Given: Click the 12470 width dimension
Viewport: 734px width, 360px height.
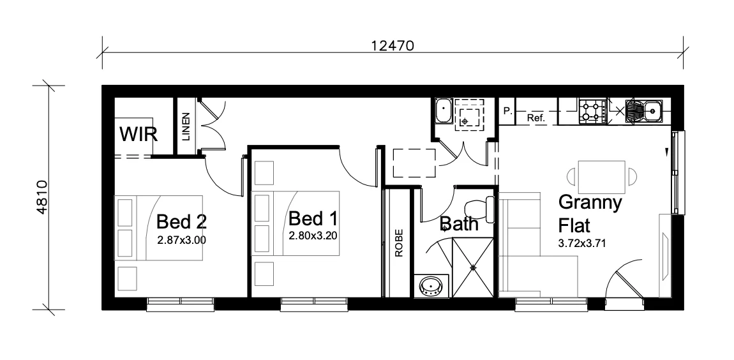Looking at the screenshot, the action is click(393, 45).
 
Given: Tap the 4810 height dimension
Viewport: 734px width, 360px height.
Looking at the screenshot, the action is click(41, 197).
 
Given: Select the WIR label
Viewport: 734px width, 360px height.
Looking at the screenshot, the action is click(139, 134).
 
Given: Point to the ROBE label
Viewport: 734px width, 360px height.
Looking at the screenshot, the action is click(399, 243).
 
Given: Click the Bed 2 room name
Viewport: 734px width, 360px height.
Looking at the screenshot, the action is click(182, 221).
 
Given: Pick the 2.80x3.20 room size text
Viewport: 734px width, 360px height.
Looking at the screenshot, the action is click(313, 236).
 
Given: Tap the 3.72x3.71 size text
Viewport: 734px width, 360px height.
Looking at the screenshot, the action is click(582, 243).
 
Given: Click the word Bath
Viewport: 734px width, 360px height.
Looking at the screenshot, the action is click(459, 224).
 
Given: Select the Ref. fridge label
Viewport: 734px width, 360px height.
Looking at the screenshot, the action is click(536, 118).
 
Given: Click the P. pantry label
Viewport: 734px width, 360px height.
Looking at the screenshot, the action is click(507, 111).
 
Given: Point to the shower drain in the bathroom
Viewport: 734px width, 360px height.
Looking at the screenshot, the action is click(473, 267).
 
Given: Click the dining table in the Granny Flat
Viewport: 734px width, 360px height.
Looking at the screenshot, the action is click(602, 176).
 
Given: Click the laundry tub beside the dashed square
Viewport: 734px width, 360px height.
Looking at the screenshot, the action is click(444, 111).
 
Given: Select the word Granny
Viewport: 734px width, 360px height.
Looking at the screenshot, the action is click(590, 203).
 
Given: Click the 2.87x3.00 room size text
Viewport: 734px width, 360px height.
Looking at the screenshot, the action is click(182, 240).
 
